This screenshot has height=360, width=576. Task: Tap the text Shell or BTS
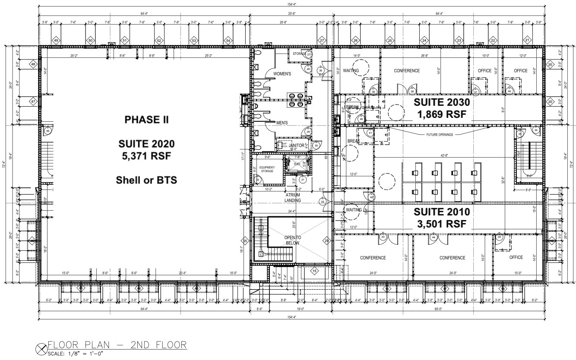[x=146, y=180]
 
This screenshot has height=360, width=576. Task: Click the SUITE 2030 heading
[x=440, y=103]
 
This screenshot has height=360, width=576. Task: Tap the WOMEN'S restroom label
[x=282, y=74]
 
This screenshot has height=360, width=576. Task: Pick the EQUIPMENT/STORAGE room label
[x=267, y=169]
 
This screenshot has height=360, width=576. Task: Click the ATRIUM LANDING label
[x=292, y=197]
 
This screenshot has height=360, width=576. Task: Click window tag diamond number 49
[x=56, y=41]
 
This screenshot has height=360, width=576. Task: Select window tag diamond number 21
[x=527, y=41]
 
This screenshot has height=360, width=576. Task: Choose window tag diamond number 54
[x=228, y=41]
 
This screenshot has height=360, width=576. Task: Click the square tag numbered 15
[x=315, y=271]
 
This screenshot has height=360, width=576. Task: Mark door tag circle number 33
[x=323, y=201]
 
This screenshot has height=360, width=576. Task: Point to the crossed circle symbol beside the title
[x=42, y=347]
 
